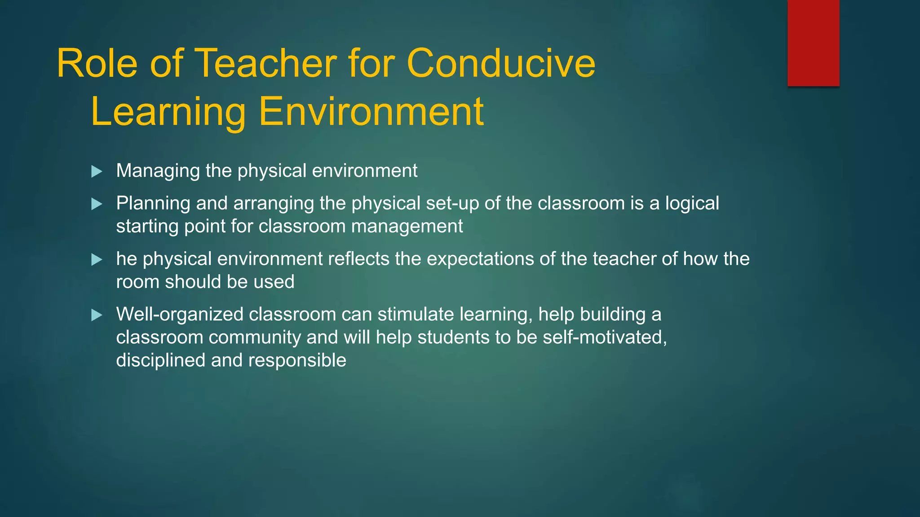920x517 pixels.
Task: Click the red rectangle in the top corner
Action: [x=813, y=43]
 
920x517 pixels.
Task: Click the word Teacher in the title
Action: [x=265, y=64]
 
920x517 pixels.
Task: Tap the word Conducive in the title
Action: [x=501, y=64]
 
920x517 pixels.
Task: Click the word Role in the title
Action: [x=97, y=64]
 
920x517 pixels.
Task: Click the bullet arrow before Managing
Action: [x=97, y=171]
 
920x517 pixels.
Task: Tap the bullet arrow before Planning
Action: [x=97, y=204]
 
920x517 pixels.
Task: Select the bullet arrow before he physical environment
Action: [x=97, y=259]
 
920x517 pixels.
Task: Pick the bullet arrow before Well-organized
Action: [x=97, y=315]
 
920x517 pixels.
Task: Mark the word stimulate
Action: [x=416, y=314]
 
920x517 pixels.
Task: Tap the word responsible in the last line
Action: [x=297, y=360]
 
